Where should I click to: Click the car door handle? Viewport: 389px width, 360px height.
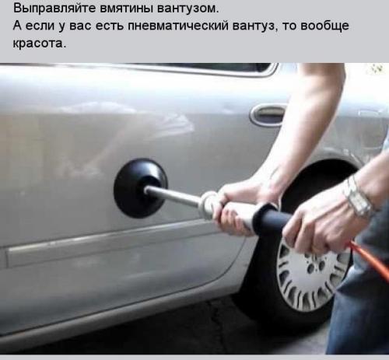pyautogui.click(x=268, y=115)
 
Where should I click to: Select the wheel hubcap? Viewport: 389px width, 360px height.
pyautogui.click(x=312, y=273)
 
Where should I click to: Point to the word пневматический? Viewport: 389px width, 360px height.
pyautogui.click(x=195, y=26)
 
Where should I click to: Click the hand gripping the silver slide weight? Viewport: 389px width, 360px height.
pyautogui.click(x=234, y=204)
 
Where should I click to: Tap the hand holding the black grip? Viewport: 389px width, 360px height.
pyautogui.click(x=315, y=222)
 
